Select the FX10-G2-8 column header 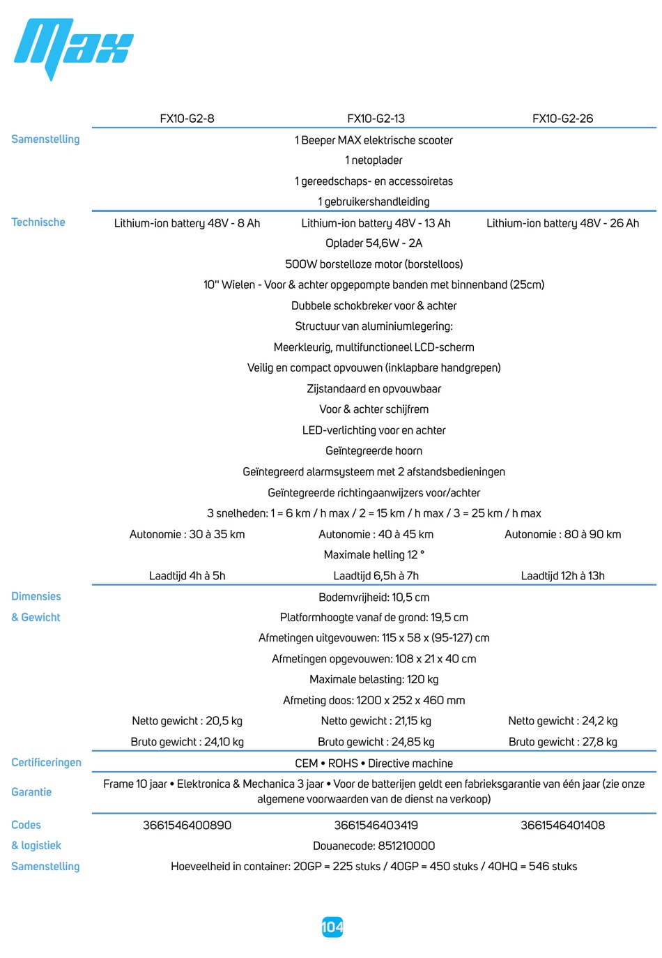pyautogui.click(x=187, y=119)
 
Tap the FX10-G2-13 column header pyautogui.click(x=376, y=119)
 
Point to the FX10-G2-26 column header pyautogui.click(x=562, y=119)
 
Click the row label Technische pyautogui.click(x=38, y=222)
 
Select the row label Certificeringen pyautogui.click(x=46, y=762)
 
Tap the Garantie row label pyautogui.click(x=31, y=791)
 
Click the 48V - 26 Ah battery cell pyautogui.click(x=562, y=223)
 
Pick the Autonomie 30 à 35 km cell pyautogui.click(x=187, y=534)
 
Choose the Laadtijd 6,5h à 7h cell pyautogui.click(x=376, y=576)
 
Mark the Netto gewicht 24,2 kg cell pyautogui.click(x=562, y=721)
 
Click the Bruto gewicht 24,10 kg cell pyautogui.click(x=187, y=742)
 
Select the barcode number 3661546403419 pyautogui.click(x=376, y=825)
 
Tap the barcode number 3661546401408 pyautogui.click(x=562, y=825)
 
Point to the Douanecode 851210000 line pyautogui.click(x=374, y=846)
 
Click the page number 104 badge pyautogui.click(x=332, y=927)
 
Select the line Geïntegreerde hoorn pyautogui.click(x=374, y=451)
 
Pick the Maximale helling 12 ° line pyautogui.click(x=374, y=555)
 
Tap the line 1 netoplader pyautogui.click(x=374, y=160)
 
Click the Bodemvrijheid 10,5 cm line pyautogui.click(x=374, y=597)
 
